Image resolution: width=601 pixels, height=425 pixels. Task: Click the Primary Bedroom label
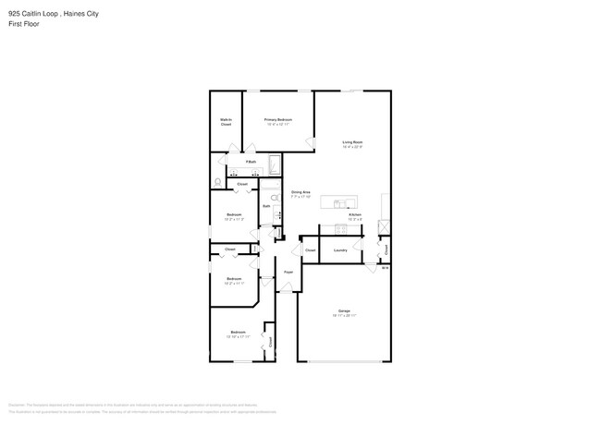click(278, 120)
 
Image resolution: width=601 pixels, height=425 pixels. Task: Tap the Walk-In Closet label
click(226, 122)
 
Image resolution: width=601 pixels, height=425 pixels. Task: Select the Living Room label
click(352, 142)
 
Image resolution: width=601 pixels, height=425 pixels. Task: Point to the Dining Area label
click(300, 192)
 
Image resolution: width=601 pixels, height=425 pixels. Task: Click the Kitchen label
click(355, 215)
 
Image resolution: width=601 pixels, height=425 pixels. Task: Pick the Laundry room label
click(340, 249)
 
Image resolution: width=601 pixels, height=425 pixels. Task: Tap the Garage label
click(344, 311)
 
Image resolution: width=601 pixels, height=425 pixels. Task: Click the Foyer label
click(288, 272)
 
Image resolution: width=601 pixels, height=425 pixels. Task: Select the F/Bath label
click(251, 162)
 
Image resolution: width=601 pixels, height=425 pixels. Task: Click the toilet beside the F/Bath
click(216, 181)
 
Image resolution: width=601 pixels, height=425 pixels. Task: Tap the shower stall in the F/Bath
click(275, 166)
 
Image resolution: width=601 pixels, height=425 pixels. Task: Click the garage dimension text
click(344, 316)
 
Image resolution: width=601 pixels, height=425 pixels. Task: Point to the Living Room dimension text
click(352, 147)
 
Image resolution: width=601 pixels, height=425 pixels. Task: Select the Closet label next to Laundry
click(311, 249)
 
